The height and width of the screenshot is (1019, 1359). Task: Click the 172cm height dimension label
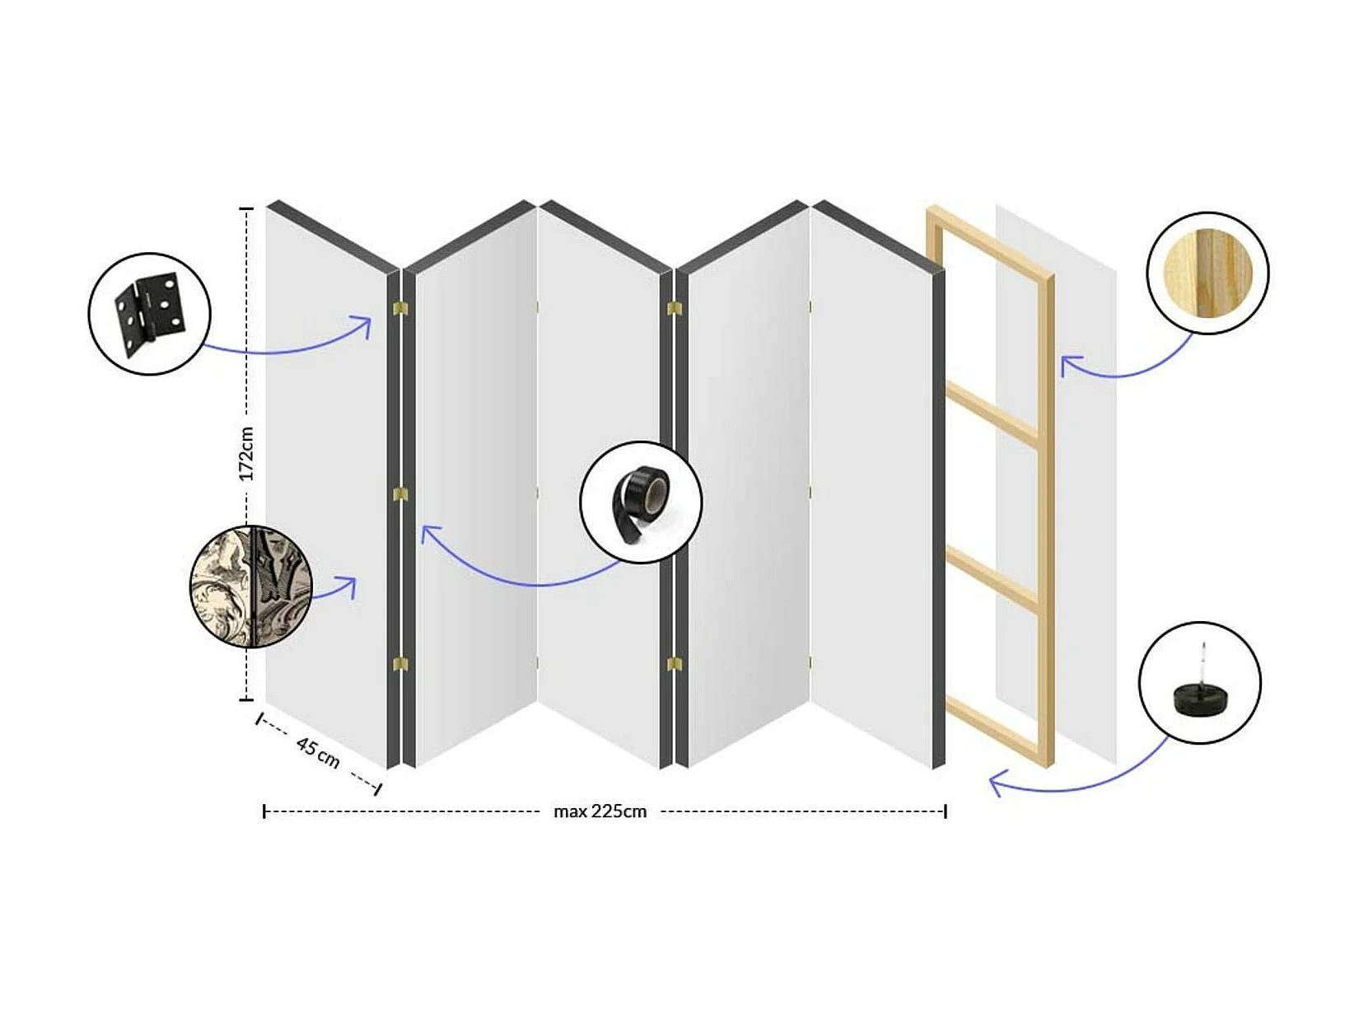click(x=247, y=453)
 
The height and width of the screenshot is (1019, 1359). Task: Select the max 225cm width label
click(x=600, y=811)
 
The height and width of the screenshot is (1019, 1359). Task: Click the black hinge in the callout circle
click(x=151, y=315)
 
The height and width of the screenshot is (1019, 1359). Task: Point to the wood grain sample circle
click(x=1208, y=273)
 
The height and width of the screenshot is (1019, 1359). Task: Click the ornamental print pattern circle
click(x=251, y=587)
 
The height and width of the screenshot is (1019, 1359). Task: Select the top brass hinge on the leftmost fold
click(x=401, y=308)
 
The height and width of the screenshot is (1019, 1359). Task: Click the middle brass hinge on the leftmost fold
click(x=401, y=494)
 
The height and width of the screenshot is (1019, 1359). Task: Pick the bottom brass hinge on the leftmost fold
click(x=401, y=664)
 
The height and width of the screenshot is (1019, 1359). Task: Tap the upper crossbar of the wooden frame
click(x=992, y=414)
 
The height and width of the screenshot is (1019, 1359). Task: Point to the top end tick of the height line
click(x=246, y=209)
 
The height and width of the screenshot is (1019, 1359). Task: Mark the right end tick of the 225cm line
click(x=946, y=811)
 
